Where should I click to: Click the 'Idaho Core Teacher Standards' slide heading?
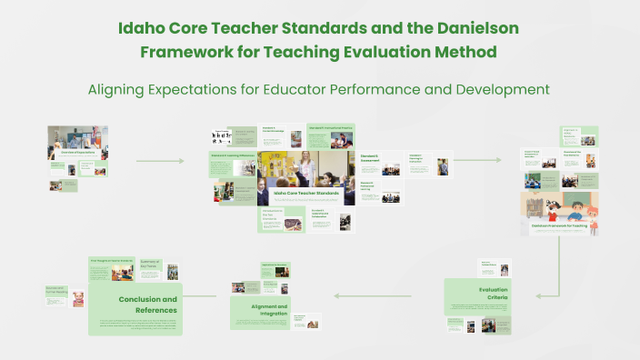click(x=306, y=193)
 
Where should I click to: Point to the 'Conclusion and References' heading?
click(x=147, y=305)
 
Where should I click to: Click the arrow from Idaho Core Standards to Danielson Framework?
click(x=476, y=161)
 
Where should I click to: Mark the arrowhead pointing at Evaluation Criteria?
click(x=539, y=295)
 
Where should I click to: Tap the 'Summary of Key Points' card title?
click(x=151, y=264)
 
